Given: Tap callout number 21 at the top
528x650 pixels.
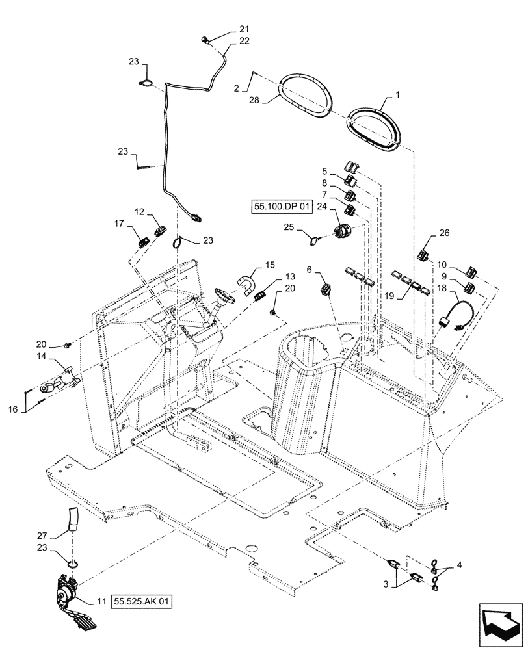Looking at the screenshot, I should pyautogui.click(x=244, y=29).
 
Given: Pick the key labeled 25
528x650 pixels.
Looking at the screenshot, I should pyautogui.click(x=314, y=241).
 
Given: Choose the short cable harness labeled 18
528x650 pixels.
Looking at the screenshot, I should pyautogui.click(x=453, y=314).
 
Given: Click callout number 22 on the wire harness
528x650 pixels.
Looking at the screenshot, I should pyautogui.click(x=244, y=40).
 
